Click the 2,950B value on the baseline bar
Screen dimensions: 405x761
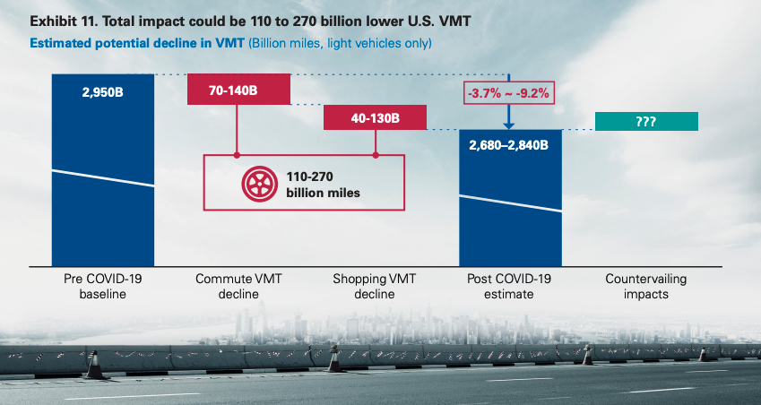[102, 91]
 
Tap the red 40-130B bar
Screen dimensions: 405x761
[375, 117]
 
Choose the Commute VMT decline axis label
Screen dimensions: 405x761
[238, 286]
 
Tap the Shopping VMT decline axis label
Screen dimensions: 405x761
[375, 286]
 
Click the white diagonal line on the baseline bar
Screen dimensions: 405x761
[102, 177]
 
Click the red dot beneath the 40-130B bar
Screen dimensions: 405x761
[376, 155]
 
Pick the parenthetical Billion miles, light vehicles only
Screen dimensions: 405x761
[342, 43]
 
